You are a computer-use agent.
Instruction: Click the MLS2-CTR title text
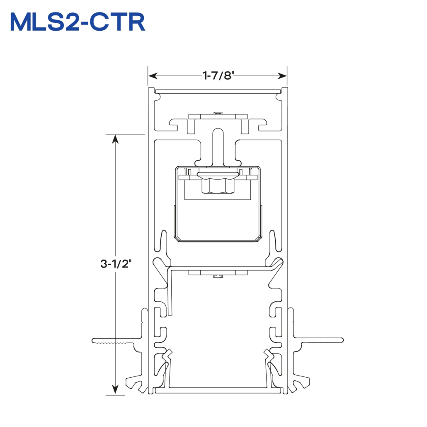point(78,22)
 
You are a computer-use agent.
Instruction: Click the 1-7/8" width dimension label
point(218,75)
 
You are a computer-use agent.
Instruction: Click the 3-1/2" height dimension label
point(116,264)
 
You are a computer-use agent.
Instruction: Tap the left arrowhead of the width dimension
point(153,76)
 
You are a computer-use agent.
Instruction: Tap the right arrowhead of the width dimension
point(282,76)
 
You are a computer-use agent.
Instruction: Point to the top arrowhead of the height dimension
point(116,138)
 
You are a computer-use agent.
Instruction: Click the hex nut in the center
point(218,186)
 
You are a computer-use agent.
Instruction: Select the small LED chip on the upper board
point(218,113)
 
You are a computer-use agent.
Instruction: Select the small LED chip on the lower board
point(218,277)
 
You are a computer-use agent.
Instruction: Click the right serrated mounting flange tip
point(342,340)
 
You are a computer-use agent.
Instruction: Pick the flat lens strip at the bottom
point(218,391)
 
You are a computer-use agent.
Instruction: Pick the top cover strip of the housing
point(218,92)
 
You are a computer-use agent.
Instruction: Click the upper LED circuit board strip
point(218,116)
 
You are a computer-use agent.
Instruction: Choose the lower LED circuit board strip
point(218,273)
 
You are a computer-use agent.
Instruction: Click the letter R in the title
point(135,22)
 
